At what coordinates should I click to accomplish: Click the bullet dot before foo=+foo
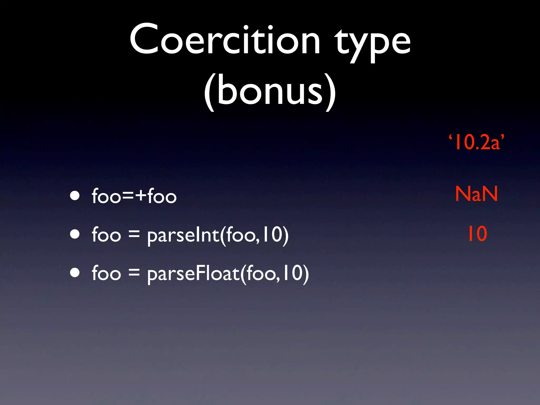(75, 196)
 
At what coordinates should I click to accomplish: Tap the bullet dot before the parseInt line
(75, 234)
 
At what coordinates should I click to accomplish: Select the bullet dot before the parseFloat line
(75, 273)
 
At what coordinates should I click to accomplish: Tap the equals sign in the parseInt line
(134, 234)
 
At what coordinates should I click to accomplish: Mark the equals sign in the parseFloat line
(134, 273)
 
